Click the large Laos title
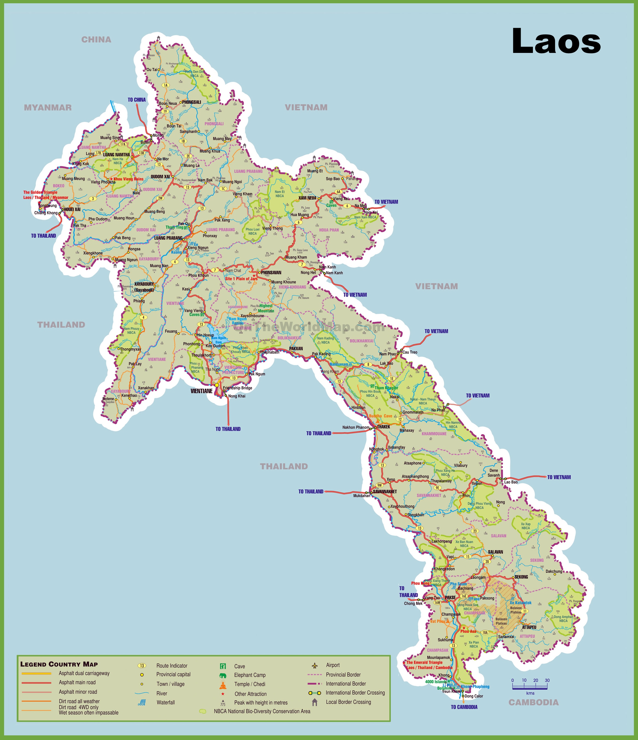(556, 41)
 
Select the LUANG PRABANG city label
(168, 238)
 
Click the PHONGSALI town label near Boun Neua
(192, 102)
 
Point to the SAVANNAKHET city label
(385, 492)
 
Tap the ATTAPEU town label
(529, 627)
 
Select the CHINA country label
(96, 40)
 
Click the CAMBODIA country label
(533, 703)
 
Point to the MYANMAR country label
(47, 107)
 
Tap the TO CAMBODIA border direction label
(464, 707)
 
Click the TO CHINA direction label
(137, 100)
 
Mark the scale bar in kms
(529, 687)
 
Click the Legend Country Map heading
(59, 664)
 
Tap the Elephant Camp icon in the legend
(223, 675)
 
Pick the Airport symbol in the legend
(314, 665)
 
